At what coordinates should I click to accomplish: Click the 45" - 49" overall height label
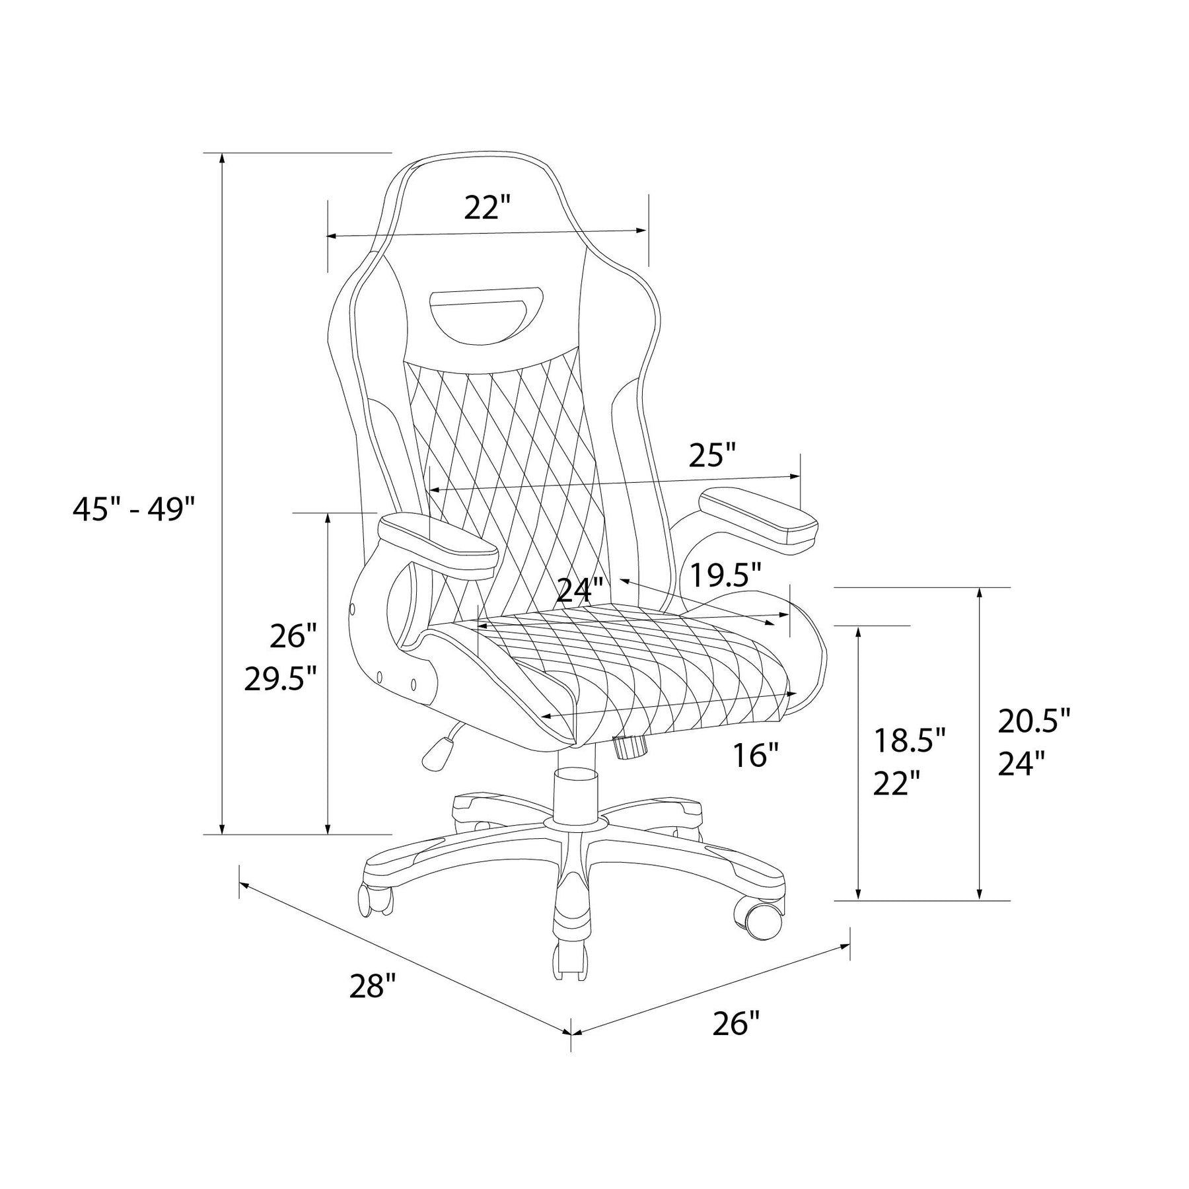(134, 509)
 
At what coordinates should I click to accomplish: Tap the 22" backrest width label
(488, 208)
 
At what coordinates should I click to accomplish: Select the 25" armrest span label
(712, 454)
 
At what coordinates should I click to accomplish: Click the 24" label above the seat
(581, 590)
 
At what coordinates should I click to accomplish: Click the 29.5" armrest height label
(281, 678)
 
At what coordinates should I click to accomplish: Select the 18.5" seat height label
(910, 740)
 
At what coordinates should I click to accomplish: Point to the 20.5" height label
(1034, 721)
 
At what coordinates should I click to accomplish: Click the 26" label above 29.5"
(294, 636)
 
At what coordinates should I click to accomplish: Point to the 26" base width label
(737, 1025)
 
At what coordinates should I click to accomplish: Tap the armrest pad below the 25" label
(758, 519)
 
